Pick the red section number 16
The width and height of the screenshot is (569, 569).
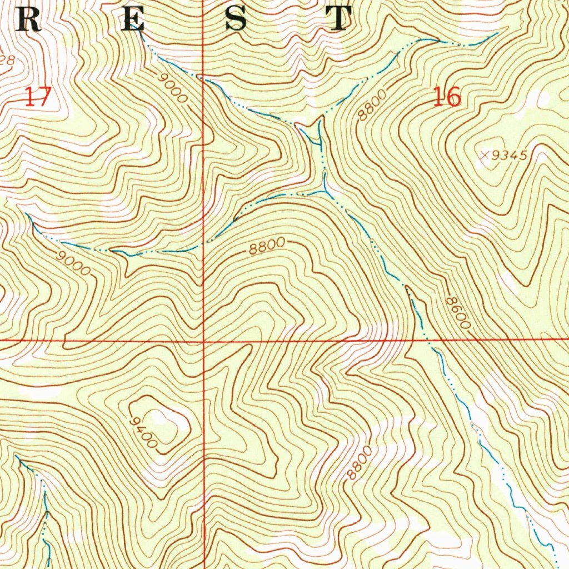click(447, 97)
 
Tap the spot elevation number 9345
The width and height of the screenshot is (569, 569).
click(508, 156)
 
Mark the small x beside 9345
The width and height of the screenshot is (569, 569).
click(485, 156)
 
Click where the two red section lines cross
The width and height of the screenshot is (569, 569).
click(203, 340)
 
